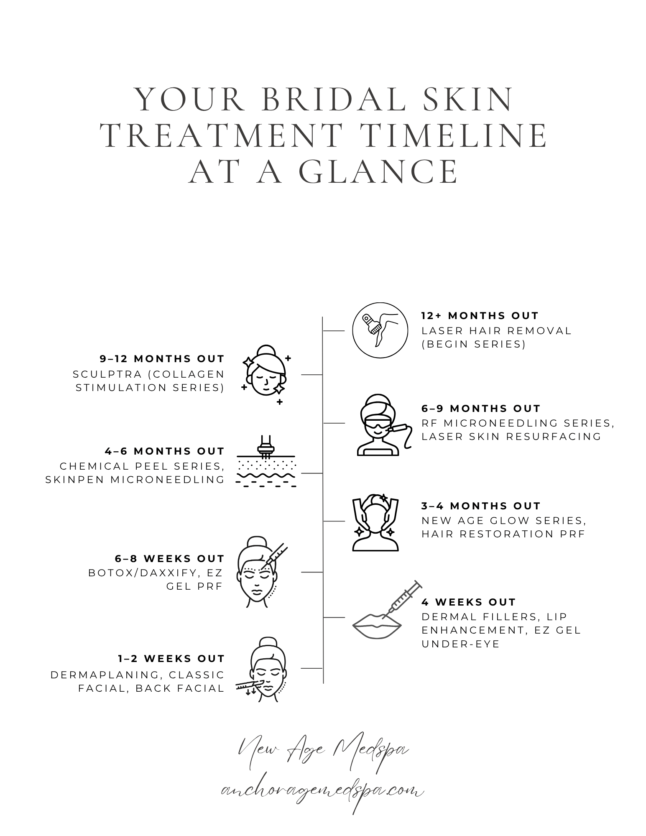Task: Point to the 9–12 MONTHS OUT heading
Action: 162,359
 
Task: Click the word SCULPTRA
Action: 107,374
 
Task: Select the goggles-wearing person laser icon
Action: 382,424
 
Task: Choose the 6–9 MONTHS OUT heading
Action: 481,409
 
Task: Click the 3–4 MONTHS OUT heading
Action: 481,506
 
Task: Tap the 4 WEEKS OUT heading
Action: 469,602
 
